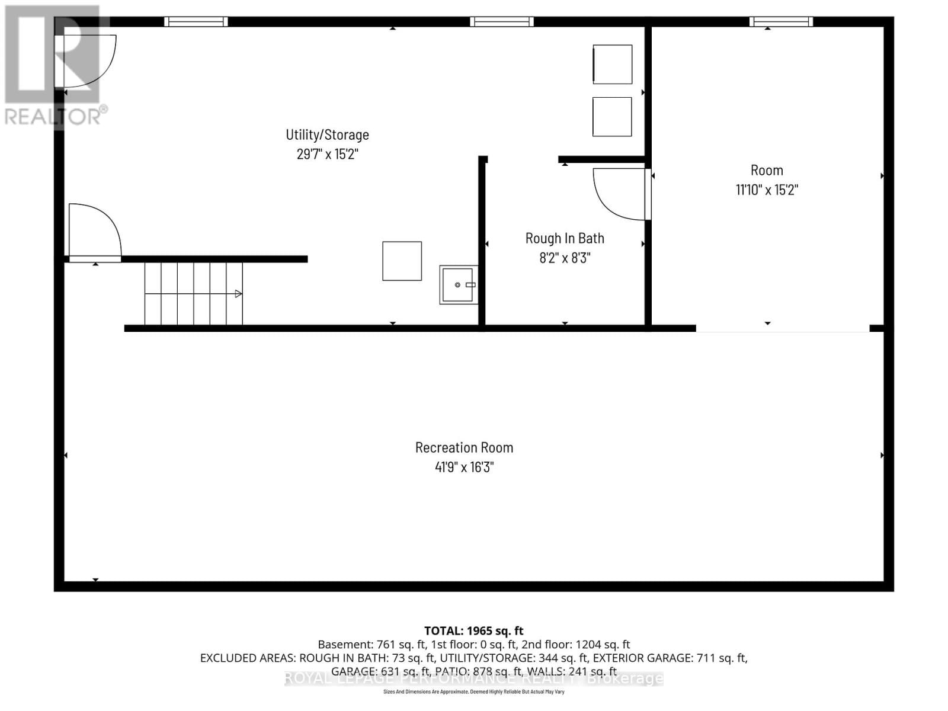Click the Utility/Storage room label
coord(327,134)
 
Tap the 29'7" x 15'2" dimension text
coord(327,154)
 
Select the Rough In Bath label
coord(565,238)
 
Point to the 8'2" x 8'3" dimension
coord(565,258)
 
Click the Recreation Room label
coord(464,447)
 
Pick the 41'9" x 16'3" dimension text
coord(464,467)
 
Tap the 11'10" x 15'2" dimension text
coord(767,190)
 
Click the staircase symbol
coord(193,294)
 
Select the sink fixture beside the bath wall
coord(458,285)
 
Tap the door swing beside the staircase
coord(95,231)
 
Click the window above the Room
coord(780,22)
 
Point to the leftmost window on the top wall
coord(196,22)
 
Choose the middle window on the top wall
coord(501,22)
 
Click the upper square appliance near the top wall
coord(612,64)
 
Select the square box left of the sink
coord(402,261)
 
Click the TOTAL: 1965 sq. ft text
coord(473,631)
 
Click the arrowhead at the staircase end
coord(238,294)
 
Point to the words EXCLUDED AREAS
coord(247,658)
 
